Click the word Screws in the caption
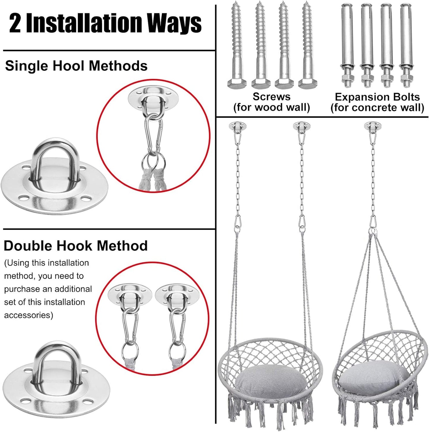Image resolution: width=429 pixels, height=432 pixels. click(x=271, y=97)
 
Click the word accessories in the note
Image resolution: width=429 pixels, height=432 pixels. click(x=29, y=315)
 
